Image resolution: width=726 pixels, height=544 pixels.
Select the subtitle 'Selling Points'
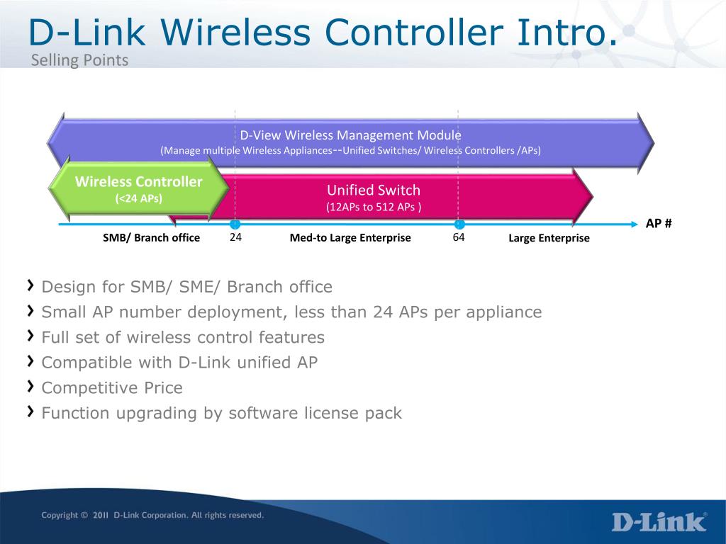click(79, 60)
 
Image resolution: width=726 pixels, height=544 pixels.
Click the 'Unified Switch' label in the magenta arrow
click(373, 190)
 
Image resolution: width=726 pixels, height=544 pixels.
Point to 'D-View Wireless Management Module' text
click(350, 135)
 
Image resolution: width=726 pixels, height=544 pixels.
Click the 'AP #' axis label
click(659, 223)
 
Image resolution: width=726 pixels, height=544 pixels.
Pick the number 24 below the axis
click(236, 237)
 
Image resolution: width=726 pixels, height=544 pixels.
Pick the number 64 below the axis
click(459, 237)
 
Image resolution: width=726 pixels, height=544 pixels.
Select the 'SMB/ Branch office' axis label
click(151, 238)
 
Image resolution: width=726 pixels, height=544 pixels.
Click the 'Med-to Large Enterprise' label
click(350, 238)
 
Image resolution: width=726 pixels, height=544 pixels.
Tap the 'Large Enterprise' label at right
click(549, 238)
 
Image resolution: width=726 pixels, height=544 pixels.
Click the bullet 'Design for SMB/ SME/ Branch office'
click(186, 287)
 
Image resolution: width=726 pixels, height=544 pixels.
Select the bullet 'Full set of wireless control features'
click(183, 337)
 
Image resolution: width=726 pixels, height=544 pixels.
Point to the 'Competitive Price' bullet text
click(112, 387)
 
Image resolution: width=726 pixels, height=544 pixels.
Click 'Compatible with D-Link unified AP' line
click(179, 363)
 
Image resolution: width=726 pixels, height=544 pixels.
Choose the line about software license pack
click(221, 413)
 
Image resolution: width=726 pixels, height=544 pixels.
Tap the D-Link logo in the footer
click(659, 521)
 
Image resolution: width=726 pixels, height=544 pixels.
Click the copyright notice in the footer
click(152, 515)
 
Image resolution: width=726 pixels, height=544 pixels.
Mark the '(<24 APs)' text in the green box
click(138, 198)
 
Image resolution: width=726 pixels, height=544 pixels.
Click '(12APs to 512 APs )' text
click(373, 207)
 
